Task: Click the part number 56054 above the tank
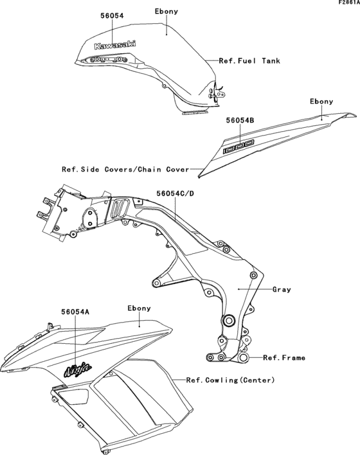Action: click(112, 15)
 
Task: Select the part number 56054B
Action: click(240, 120)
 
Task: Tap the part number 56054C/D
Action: click(175, 193)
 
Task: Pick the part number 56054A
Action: click(75, 312)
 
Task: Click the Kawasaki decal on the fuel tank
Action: click(115, 45)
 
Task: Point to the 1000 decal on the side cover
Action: click(239, 147)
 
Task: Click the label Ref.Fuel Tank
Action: click(249, 61)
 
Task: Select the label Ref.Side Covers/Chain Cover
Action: click(125, 170)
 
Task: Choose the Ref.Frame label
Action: click(284, 358)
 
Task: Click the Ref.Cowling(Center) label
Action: click(230, 380)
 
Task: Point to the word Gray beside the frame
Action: click(282, 290)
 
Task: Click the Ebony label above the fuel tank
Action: click(166, 12)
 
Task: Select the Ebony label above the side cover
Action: click(321, 102)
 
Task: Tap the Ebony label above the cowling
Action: click(139, 308)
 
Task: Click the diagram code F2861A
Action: click(348, 3)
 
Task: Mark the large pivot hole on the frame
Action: click(228, 321)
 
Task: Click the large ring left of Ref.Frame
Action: click(243, 357)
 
